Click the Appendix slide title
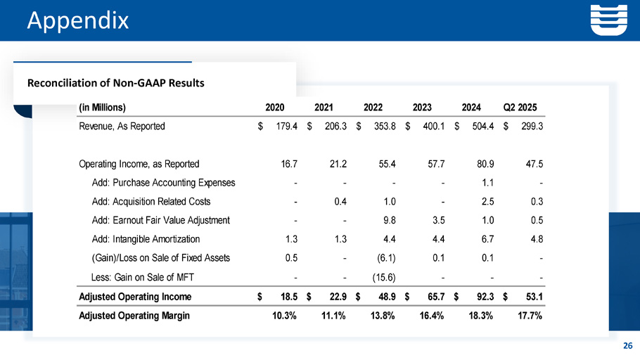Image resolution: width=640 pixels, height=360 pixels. click(x=77, y=20)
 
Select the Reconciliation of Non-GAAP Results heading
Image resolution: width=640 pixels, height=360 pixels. click(x=115, y=83)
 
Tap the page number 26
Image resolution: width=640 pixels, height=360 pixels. click(x=627, y=345)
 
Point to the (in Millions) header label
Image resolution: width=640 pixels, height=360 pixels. click(x=102, y=108)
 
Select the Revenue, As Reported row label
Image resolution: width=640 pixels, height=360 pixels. click(x=122, y=127)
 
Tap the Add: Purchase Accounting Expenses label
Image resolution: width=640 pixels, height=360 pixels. click(x=163, y=183)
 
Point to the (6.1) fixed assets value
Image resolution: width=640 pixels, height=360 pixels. click(x=384, y=257)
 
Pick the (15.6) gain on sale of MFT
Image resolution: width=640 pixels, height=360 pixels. click(x=382, y=276)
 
